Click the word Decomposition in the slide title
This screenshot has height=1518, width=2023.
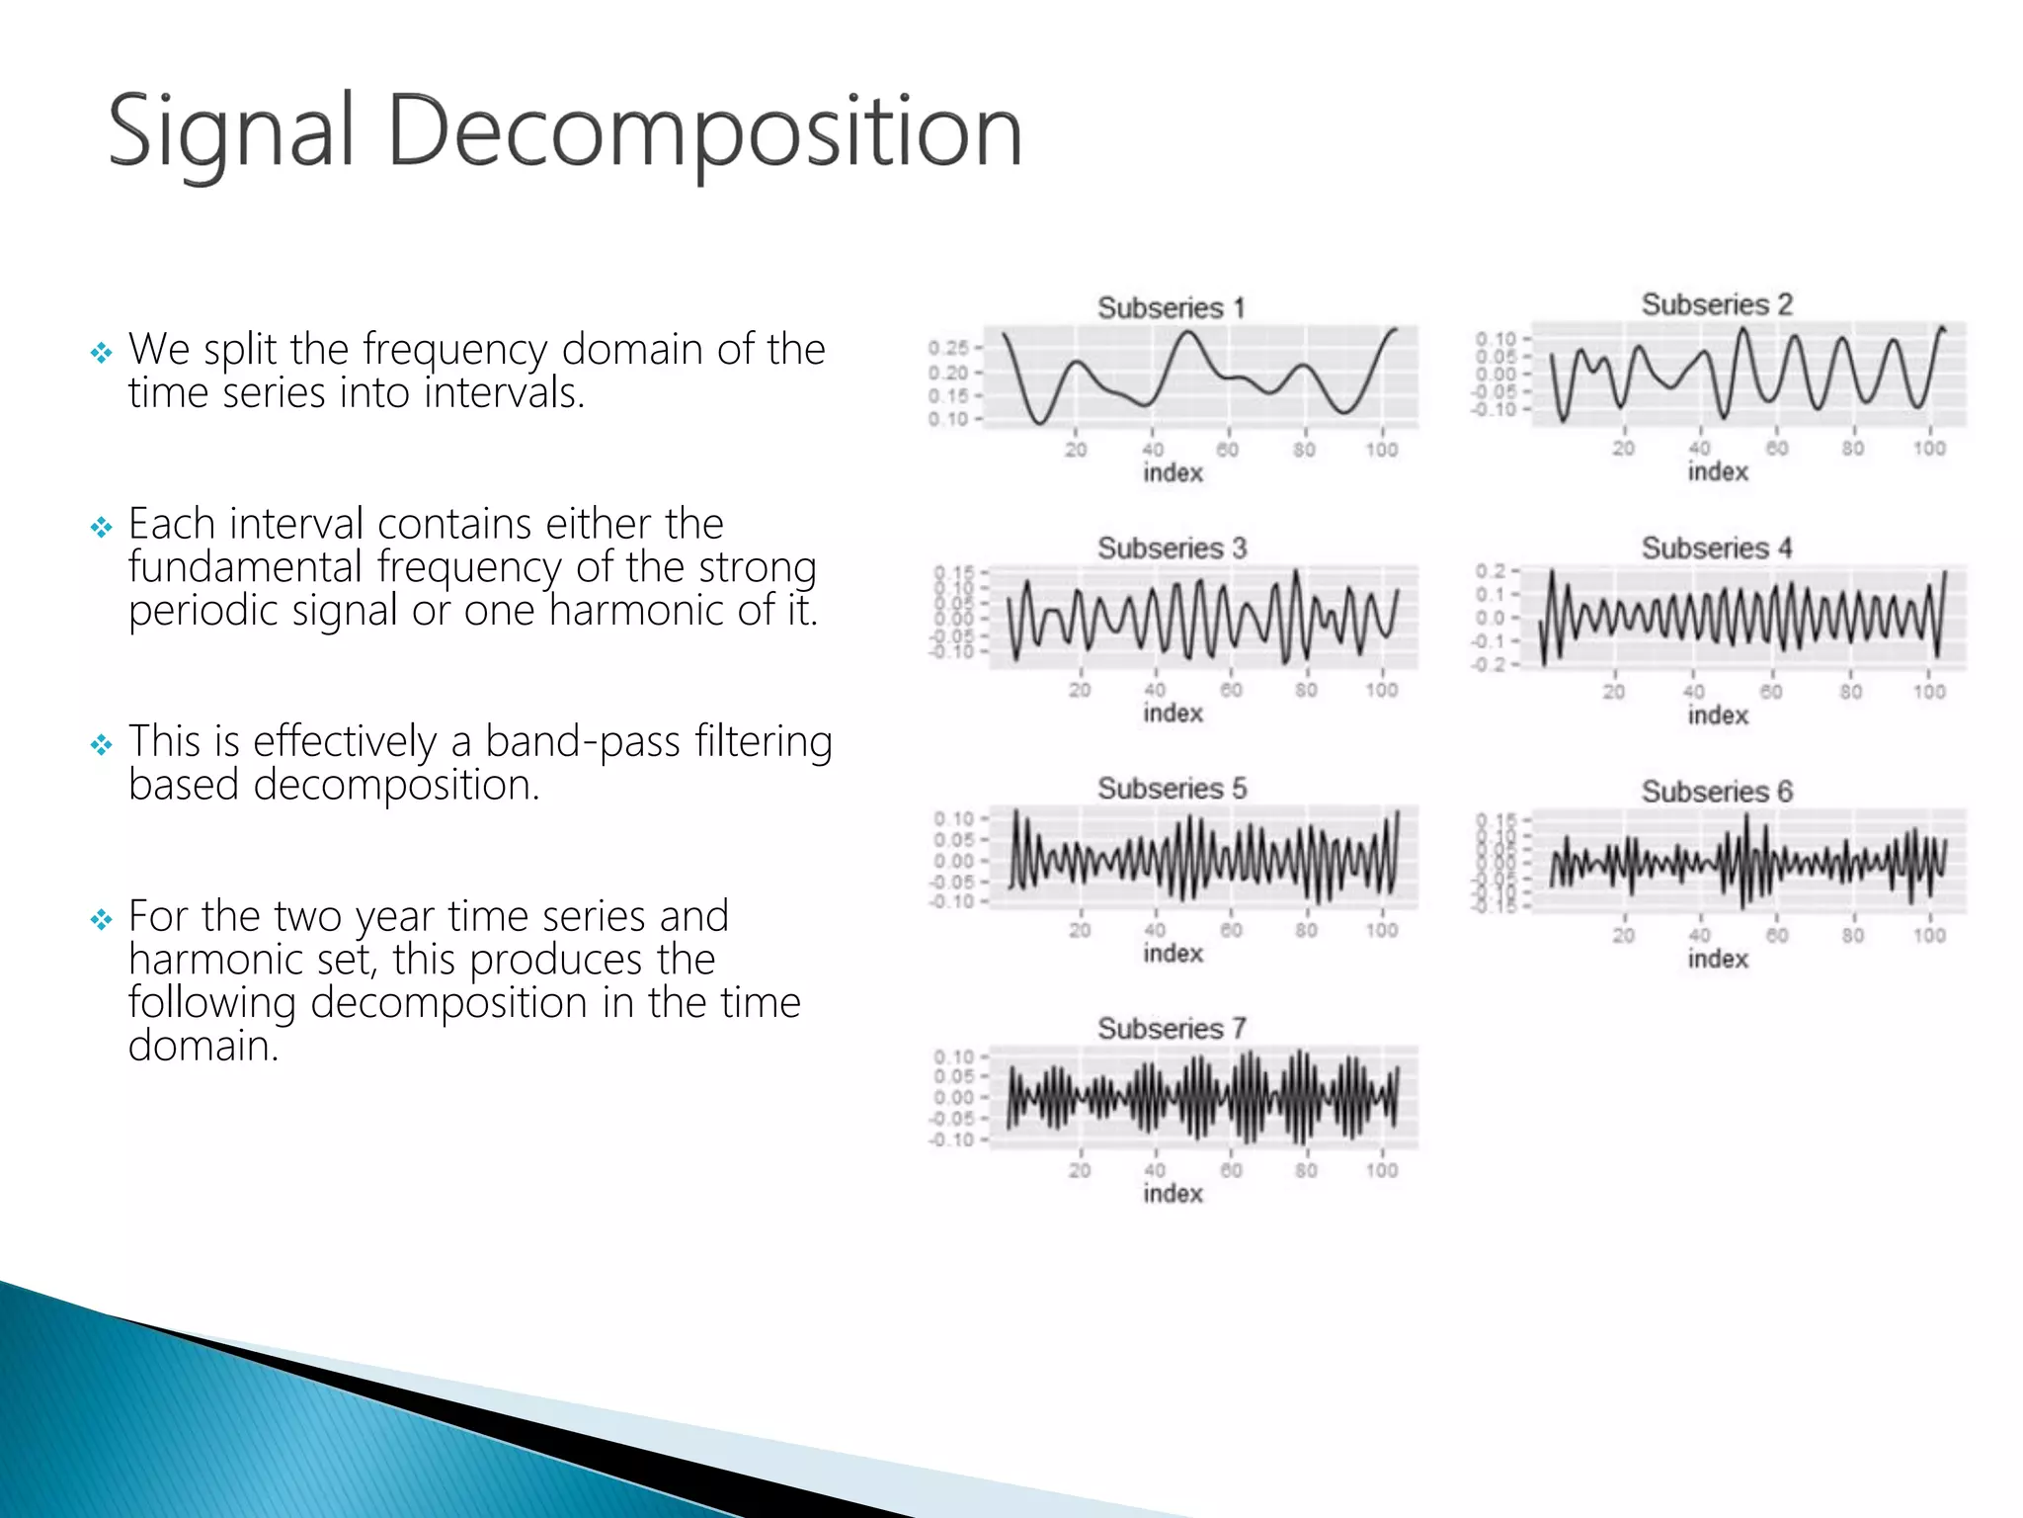(704, 131)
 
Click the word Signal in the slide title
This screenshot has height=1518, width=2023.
(230, 131)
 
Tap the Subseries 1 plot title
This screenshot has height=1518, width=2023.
(1171, 307)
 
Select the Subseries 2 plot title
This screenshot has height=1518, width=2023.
(1716, 304)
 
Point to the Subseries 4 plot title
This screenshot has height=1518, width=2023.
(1716, 548)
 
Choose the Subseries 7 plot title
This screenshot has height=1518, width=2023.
(1171, 1029)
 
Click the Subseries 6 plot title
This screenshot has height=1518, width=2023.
(1716, 791)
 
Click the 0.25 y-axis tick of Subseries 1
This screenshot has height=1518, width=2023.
(947, 348)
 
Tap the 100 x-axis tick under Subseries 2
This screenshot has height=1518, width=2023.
(1928, 449)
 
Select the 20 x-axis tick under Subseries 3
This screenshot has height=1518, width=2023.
(1080, 690)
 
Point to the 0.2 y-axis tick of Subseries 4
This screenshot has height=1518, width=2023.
(1490, 571)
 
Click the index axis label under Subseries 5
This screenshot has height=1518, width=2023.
(1173, 954)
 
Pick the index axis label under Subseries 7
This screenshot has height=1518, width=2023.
(1173, 1194)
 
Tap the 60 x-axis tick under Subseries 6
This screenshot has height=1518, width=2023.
(1776, 935)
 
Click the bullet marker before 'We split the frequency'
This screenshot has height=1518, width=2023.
(101, 352)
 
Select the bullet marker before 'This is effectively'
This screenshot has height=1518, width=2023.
(101, 744)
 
